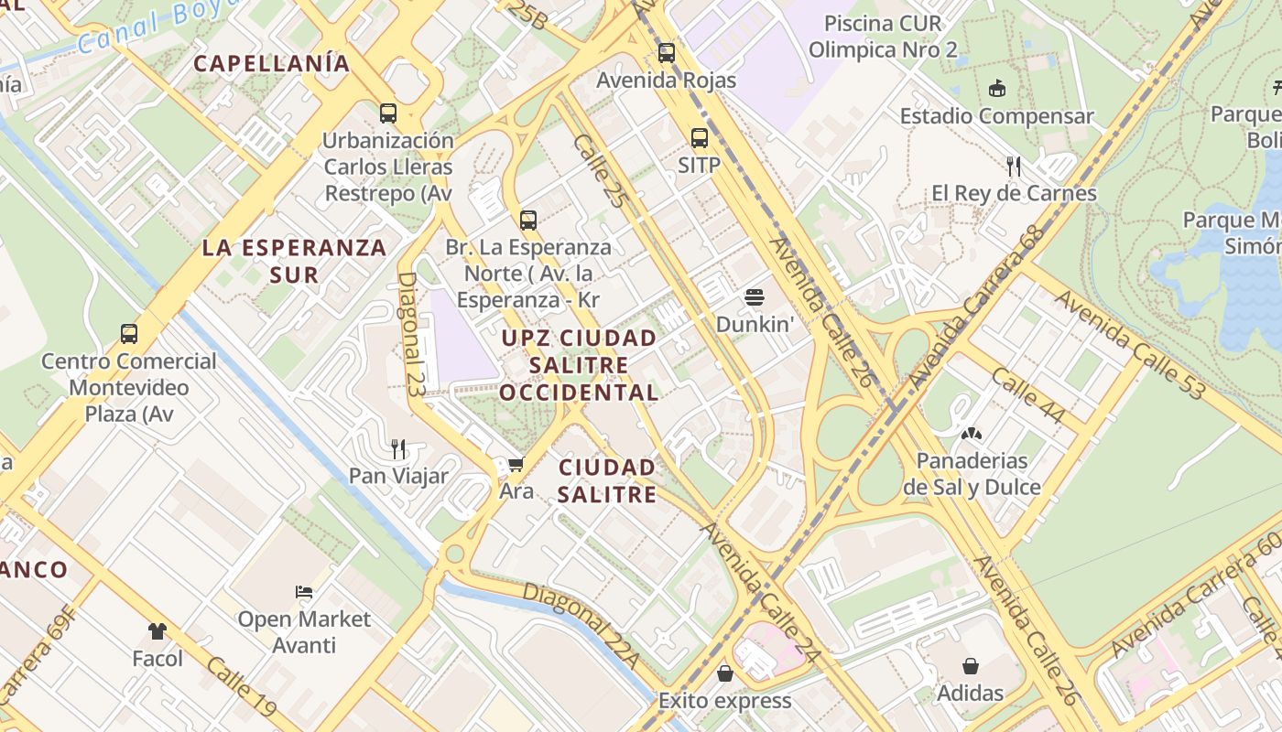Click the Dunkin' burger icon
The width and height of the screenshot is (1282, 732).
pos(755,296)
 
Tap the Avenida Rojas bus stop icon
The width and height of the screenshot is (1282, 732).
pos(667,52)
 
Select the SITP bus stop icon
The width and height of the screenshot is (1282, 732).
pos(700,138)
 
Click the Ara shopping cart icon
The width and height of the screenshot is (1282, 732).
pos(516,465)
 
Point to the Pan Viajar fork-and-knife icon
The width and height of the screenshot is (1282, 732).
pos(398,448)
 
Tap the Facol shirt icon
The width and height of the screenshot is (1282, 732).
pos(158,631)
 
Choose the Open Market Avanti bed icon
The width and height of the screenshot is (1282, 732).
pos(304,592)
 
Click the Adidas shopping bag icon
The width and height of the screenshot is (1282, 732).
pos(970,666)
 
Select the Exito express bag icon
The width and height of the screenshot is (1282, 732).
pos(725,673)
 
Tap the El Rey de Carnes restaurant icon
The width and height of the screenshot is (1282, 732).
pos(1014,166)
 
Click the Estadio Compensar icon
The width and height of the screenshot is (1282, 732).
pos(997,89)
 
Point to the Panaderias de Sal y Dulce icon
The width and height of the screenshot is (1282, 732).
pos(972,433)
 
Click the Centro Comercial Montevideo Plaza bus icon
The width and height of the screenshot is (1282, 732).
pos(129,333)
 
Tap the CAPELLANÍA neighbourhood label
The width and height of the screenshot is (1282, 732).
pos(272,63)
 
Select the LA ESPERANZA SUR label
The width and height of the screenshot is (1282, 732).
pos(294,261)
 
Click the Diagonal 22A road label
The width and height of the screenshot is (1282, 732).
pos(580,625)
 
